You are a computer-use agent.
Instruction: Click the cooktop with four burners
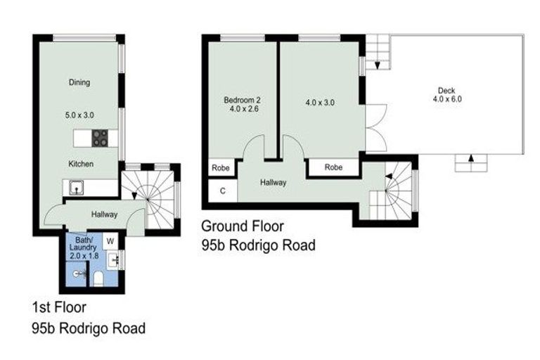(100, 138)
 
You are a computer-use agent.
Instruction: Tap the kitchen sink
(75, 188)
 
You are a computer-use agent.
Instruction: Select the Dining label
(79, 82)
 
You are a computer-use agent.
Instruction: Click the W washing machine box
(110, 240)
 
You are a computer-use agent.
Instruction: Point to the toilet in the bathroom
(98, 279)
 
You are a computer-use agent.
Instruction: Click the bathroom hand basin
(116, 260)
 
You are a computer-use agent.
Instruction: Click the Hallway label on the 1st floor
(104, 214)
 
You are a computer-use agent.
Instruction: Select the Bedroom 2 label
(242, 99)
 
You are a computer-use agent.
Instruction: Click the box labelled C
(223, 191)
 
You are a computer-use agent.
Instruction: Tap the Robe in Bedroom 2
(221, 168)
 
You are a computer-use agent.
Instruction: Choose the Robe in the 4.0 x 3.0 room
(334, 168)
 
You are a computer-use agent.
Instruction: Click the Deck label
(446, 90)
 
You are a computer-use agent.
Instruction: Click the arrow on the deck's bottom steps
(469, 159)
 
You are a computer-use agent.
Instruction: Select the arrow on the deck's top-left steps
(378, 65)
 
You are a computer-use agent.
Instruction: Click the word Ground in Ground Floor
(222, 226)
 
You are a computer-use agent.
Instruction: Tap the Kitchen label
(81, 164)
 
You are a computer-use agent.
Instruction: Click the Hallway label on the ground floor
(273, 182)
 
